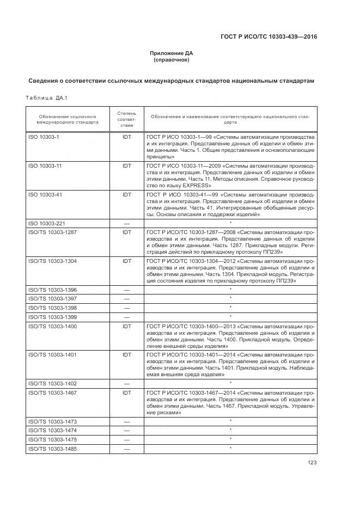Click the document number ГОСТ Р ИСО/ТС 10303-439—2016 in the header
269,36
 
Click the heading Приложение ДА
171,53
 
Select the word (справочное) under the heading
171,59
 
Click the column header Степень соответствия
127,119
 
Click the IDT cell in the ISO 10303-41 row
127,194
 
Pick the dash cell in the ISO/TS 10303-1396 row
127,290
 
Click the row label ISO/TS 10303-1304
52,261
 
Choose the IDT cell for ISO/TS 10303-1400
127,325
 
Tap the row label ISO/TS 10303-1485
52,448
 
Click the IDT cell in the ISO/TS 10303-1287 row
127,232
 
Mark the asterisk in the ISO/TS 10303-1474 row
230,430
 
